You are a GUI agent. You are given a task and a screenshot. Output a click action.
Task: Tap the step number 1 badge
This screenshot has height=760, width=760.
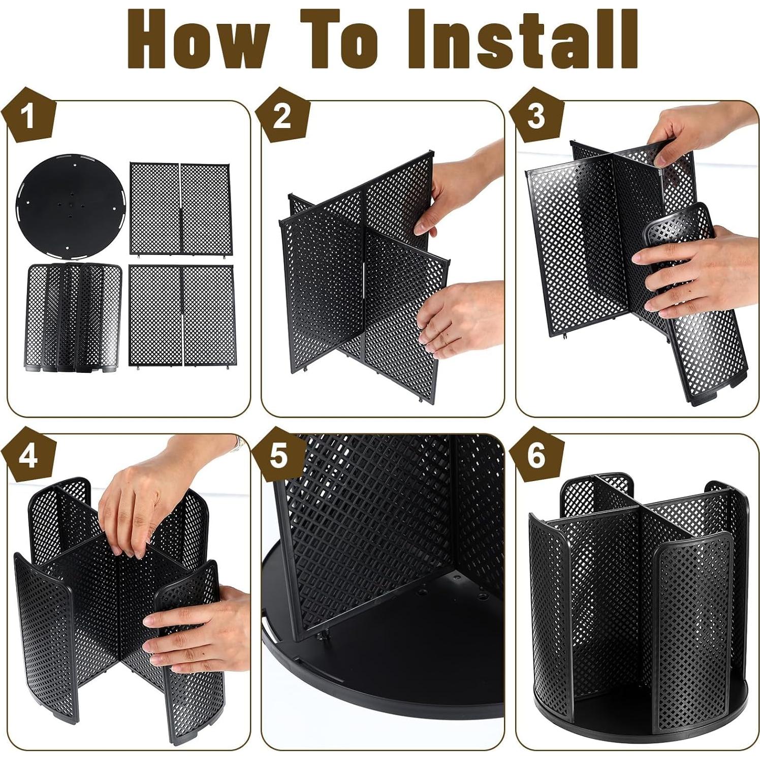pos(28,116)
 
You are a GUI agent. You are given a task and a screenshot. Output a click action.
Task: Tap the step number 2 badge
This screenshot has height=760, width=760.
pos(282,116)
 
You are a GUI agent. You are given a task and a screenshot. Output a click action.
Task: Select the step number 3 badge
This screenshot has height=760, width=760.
pos(536,116)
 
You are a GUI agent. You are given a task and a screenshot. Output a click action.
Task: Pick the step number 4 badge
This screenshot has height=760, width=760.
pos(28,456)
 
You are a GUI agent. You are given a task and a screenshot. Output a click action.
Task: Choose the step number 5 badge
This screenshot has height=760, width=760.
pos(279,456)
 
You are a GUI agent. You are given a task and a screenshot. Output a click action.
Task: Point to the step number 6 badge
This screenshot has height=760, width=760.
pos(536,456)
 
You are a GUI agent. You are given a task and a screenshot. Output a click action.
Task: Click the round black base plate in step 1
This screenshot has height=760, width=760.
pos(70,202)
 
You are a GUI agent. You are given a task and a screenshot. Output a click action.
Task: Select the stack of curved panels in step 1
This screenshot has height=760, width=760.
pos(74,318)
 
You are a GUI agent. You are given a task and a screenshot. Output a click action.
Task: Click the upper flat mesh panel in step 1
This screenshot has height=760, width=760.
pos(179,208)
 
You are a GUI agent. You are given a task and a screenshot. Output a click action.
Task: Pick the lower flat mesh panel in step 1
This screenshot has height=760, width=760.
pos(181,315)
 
